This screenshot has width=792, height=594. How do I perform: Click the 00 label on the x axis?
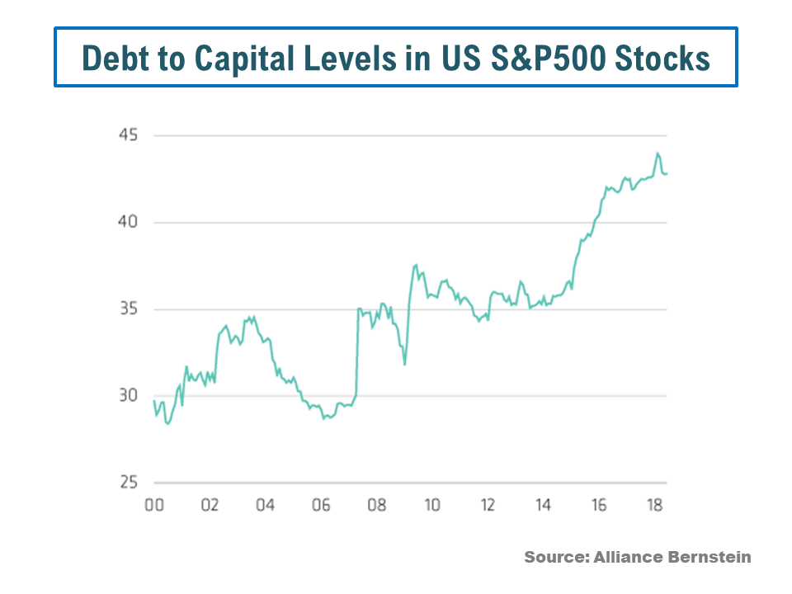154,505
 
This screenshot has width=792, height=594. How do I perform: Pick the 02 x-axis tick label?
210,505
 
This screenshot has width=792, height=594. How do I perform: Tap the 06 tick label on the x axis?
321,505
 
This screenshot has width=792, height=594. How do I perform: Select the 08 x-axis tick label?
376,505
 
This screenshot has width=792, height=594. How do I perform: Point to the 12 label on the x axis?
488,505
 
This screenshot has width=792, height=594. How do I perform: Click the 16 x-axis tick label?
599,505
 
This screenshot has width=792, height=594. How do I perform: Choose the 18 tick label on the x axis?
654,505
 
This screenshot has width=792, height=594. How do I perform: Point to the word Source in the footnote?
554,558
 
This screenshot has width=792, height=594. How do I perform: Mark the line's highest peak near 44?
658,153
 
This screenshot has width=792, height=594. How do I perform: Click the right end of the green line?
667,173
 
